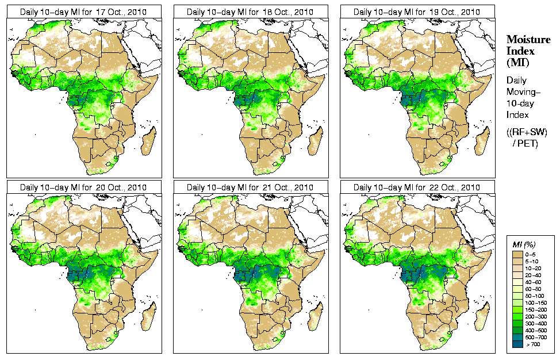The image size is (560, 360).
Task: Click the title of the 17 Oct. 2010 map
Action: (x=83, y=12)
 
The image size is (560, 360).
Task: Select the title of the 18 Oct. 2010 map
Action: (x=250, y=12)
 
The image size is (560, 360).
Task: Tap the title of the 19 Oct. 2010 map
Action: (x=417, y=12)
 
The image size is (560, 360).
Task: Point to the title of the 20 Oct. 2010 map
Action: (x=83, y=187)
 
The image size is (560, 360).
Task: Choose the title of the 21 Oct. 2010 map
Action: (x=250, y=187)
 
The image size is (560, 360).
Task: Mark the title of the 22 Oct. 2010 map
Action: (x=417, y=187)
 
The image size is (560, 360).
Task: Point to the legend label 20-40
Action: (x=539, y=275)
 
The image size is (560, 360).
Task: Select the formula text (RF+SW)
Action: (x=527, y=132)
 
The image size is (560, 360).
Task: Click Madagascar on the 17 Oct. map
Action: (x=148, y=141)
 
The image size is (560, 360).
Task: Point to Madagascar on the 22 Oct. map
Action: (x=482, y=317)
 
